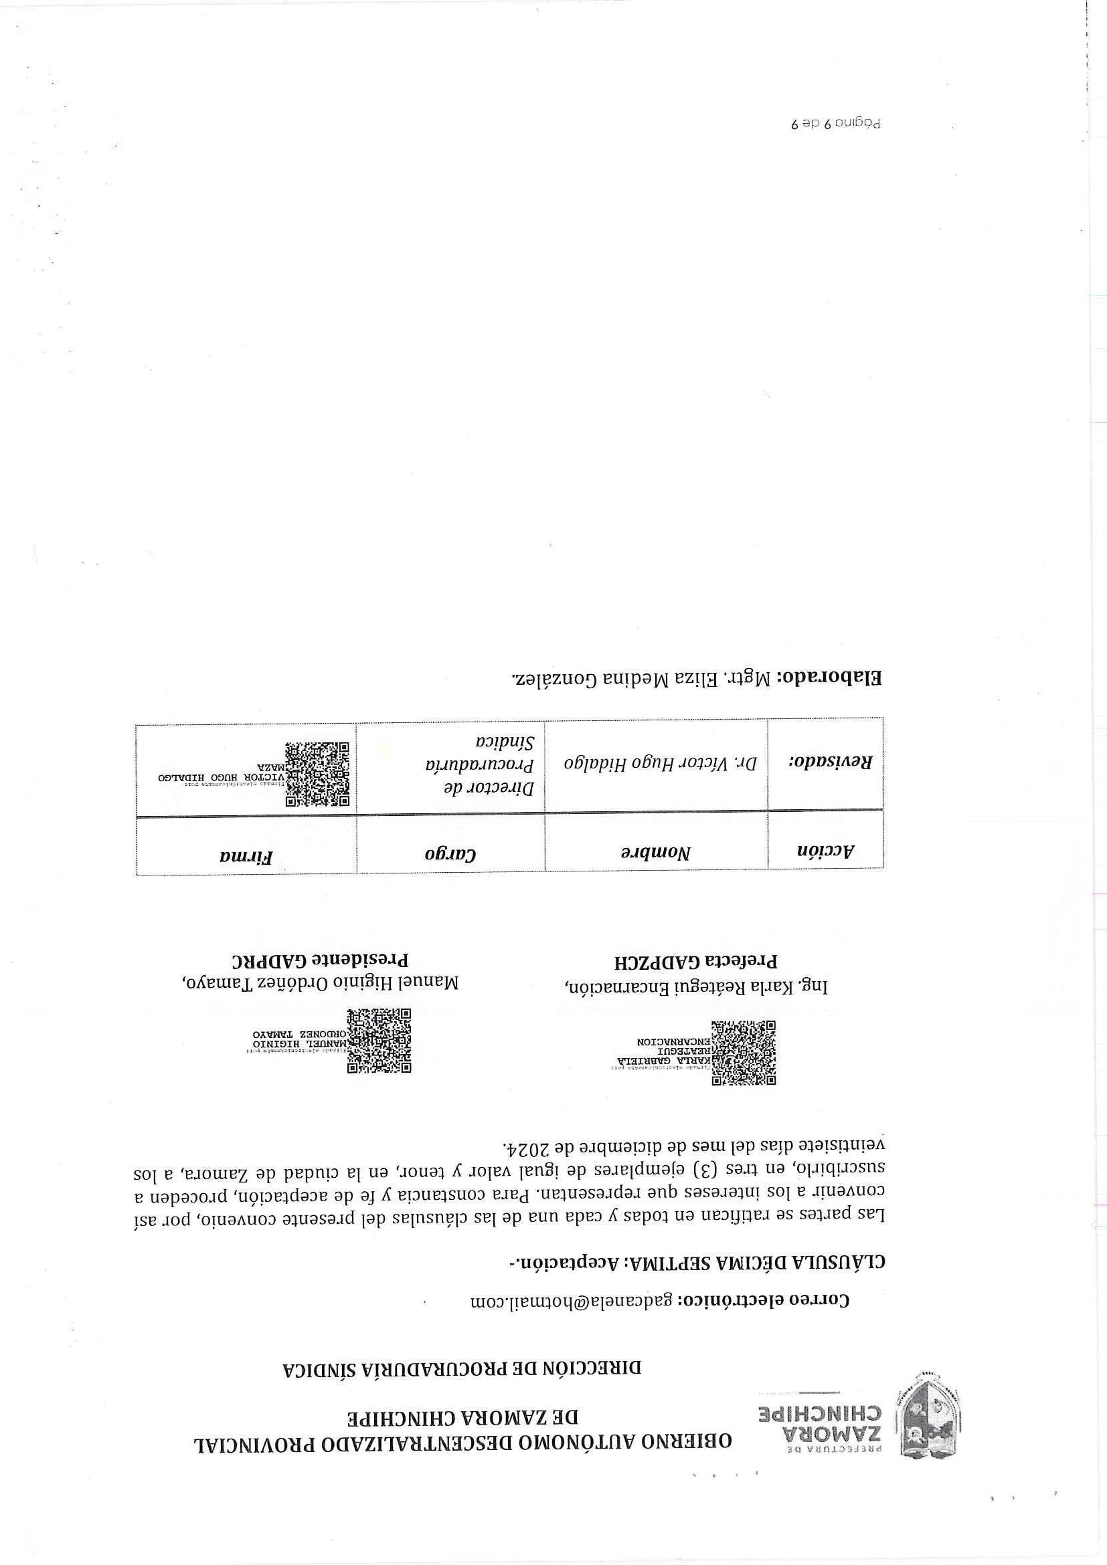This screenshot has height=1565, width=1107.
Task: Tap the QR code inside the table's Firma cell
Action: (317, 774)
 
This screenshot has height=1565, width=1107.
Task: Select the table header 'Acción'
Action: (826, 850)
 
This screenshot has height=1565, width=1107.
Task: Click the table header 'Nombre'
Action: (655, 852)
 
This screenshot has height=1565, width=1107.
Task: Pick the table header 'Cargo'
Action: (450, 853)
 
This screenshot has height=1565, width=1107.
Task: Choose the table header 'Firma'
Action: (246, 856)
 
